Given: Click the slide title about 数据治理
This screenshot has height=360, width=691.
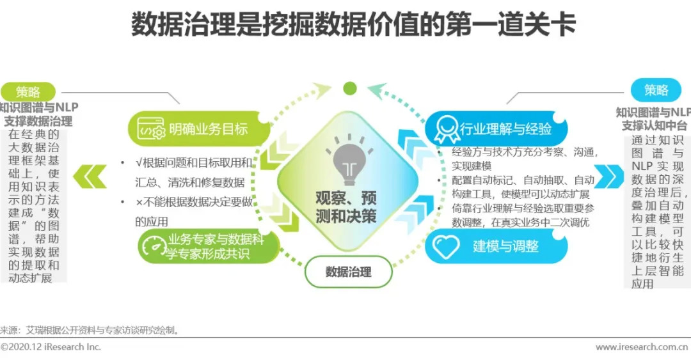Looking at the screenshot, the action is (353, 24).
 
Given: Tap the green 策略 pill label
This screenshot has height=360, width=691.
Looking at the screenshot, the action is (28, 91).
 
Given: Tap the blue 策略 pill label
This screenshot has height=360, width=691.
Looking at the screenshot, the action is (656, 90).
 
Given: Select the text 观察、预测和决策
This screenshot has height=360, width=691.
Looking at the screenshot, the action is (346, 207).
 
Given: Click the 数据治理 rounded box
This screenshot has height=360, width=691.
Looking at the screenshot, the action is (348, 272).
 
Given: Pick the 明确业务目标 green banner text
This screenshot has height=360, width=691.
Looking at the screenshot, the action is (209, 129).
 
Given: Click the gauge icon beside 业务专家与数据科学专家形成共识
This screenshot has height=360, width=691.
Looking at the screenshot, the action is (152, 247).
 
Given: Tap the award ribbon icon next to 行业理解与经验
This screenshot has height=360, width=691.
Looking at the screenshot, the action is (446, 129).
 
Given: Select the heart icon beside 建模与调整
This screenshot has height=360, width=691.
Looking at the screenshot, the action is (446, 246).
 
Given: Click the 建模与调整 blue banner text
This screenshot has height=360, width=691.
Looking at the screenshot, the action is (505, 246).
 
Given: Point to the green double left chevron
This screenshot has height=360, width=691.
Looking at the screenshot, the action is (90, 176).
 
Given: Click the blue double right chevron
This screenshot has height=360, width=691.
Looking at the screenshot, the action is (608, 176).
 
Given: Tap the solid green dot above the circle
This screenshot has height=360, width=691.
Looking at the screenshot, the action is (350, 89).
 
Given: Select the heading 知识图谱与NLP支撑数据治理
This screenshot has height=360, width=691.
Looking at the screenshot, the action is (39, 114).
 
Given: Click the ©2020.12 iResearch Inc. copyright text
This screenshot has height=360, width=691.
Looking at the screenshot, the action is (51, 347).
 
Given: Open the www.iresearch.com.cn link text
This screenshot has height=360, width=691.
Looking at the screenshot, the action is (642, 347).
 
